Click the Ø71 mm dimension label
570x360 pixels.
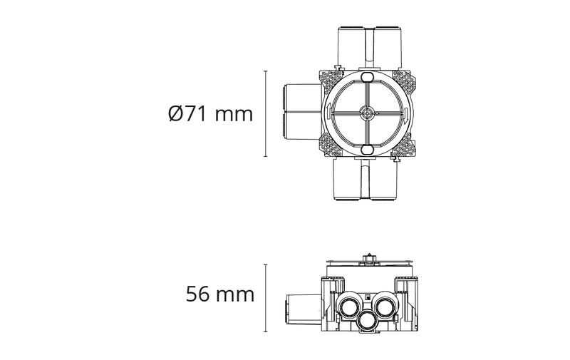211,114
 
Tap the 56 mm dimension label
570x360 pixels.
220,294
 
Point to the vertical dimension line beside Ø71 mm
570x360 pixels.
266,114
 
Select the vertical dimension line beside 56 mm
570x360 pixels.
266,298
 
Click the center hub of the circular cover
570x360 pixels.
366,113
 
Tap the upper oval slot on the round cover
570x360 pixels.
366,78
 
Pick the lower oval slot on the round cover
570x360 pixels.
366,150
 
